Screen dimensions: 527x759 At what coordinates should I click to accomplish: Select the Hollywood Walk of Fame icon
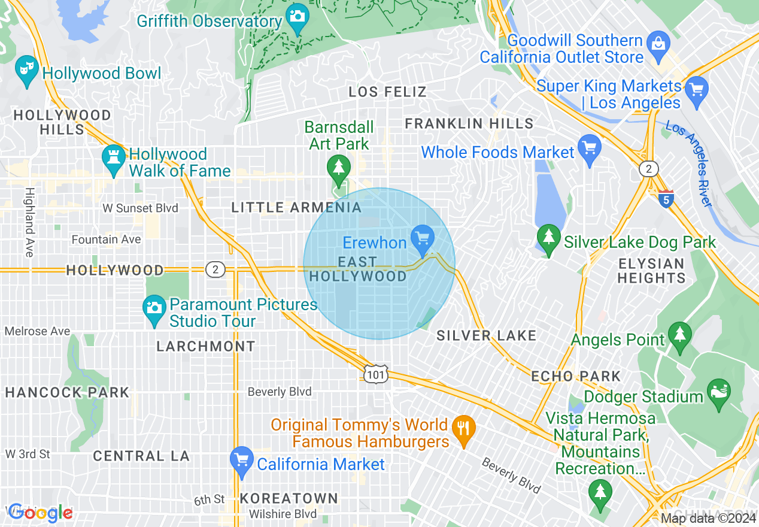pyautogui.click(x=113, y=159)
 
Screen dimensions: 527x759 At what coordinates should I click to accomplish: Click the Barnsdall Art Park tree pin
pyautogui.click(x=339, y=168)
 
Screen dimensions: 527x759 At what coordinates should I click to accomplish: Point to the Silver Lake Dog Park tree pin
pyautogui.click(x=548, y=238)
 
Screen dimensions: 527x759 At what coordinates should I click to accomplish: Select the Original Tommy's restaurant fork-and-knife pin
pyautogui.click(x=464, y=429)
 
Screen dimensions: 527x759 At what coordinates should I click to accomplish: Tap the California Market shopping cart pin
pyautogui.click(x=242, y=461)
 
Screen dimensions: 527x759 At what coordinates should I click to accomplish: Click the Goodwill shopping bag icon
pyautogui.click(x=658, y=46)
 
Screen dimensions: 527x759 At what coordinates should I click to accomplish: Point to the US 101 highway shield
pyautogui.click(x=375, y=374)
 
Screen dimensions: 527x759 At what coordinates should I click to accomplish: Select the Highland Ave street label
pyautogui.click(x=29, y=222)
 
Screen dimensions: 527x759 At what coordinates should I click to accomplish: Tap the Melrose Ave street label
pyautogui.click(x=37, y=331)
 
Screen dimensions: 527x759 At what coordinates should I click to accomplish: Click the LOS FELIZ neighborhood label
pyautogui.click(x=388, y=92)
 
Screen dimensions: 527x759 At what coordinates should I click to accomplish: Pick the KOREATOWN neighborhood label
pyautogui.click(x=289, y=498)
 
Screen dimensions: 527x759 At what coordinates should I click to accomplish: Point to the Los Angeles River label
pyautogui.click(x=688, y=163)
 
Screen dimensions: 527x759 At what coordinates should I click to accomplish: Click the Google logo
pyautogui.click(x=40, y=513)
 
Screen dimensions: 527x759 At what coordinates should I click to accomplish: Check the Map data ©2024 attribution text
pyautogui.click(x=708, y=518)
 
